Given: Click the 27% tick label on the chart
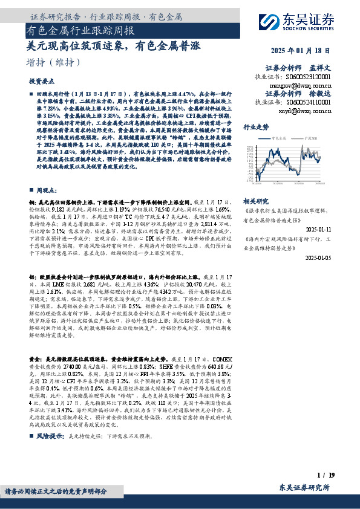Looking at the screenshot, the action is (249, 147).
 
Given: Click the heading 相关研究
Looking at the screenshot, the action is (255, 201).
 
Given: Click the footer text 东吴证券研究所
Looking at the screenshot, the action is (304, 488).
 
